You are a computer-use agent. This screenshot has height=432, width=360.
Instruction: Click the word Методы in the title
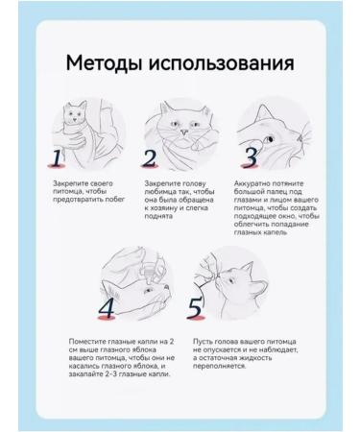pyautogui.click(x=108, y=63)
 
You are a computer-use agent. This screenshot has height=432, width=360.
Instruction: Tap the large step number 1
pyautogui.click(x=58, y=157)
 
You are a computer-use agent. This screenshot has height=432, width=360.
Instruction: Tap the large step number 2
pyautogui.click(x=149, y=157)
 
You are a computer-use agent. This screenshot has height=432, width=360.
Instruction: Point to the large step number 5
pyautogui.click(x=195, y=307)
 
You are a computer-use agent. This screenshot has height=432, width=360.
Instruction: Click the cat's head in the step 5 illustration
pyautogui.click(x=235, y=280)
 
